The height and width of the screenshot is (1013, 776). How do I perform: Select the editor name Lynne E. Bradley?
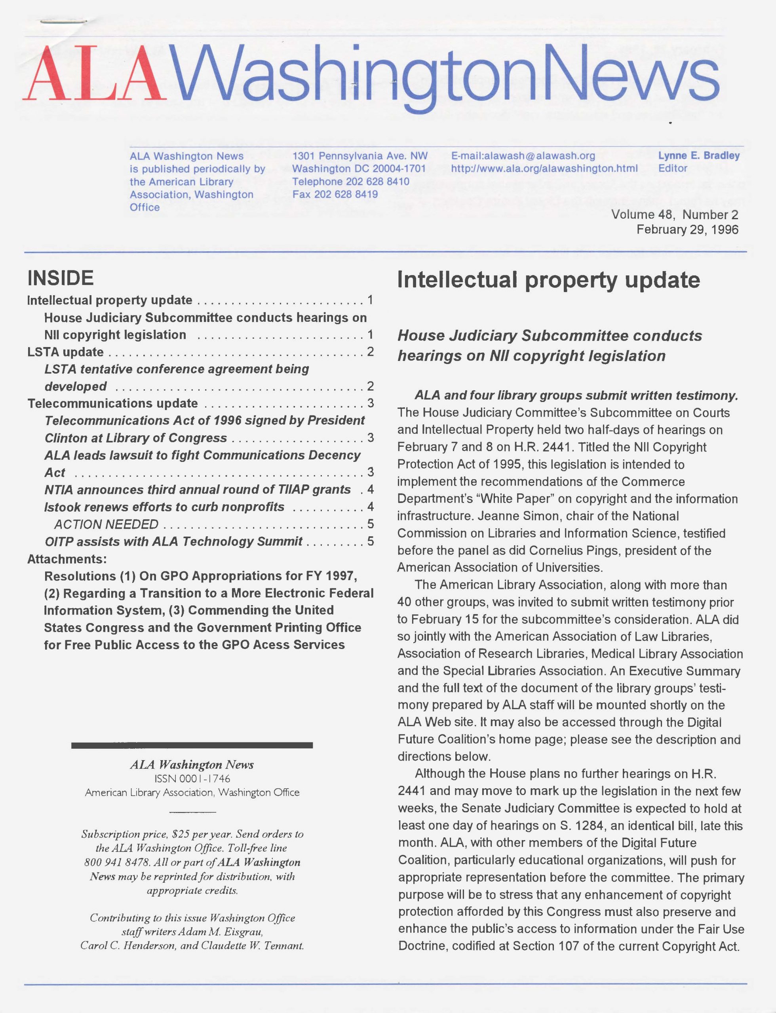tap(699, 156)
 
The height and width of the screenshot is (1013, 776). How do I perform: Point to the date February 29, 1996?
tap(687, 230)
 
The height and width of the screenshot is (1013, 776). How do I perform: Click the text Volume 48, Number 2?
tap(674, 215)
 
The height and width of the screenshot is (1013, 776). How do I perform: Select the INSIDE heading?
tap(61, 278)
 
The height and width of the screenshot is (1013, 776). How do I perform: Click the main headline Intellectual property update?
tap(548, 280)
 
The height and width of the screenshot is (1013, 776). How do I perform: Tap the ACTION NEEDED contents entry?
tap(106, 524)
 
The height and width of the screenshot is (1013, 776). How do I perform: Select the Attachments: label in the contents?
tap(67, 559)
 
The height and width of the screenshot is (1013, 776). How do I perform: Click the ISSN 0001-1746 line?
tap(192, 778)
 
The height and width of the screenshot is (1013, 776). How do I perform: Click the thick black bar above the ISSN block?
tap(192, 745)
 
